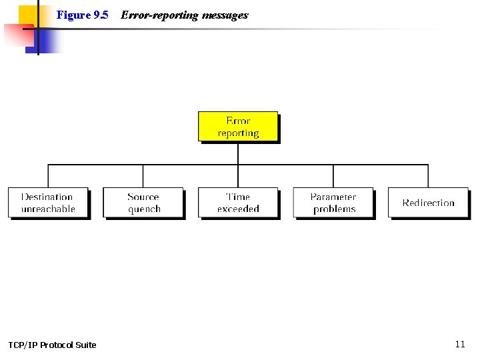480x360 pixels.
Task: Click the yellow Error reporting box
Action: (238, 126)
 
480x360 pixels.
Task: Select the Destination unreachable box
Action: (47, 203)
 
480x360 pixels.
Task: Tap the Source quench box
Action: (143, 203)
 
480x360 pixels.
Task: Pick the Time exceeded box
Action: (238, 203)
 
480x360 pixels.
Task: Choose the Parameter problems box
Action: (333, 203)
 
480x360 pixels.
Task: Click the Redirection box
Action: (428, 203)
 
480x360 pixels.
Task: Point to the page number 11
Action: (460, 344)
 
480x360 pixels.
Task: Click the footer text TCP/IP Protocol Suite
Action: (52, 345)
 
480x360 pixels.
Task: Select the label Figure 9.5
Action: (82, 15)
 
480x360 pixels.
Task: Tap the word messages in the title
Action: (224, 15)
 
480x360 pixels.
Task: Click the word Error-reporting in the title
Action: (159, 15)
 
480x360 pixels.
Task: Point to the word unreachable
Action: (48, 209)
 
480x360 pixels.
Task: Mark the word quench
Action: (144, 209)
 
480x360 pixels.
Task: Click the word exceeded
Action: (238, 209)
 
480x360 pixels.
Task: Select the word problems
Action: (334, 209)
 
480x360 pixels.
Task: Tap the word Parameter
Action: (333, 197)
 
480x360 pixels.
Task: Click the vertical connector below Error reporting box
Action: (238, 153)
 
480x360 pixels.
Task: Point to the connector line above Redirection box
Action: (428, 176)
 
